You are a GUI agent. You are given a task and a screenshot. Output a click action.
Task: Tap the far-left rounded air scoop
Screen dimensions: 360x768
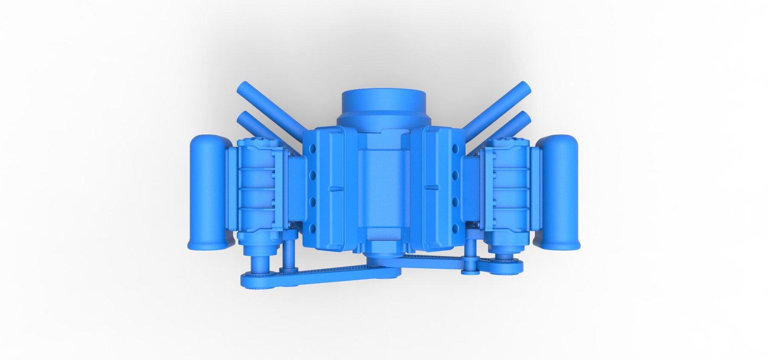tap(206, 192)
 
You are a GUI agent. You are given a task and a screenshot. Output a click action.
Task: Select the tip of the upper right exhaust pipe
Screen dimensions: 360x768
tap(524, 88)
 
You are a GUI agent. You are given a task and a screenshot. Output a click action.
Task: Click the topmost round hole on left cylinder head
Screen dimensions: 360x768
tap(314, 149)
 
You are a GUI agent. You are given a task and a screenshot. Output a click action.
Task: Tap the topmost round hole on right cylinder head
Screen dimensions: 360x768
tap(455, 149)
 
